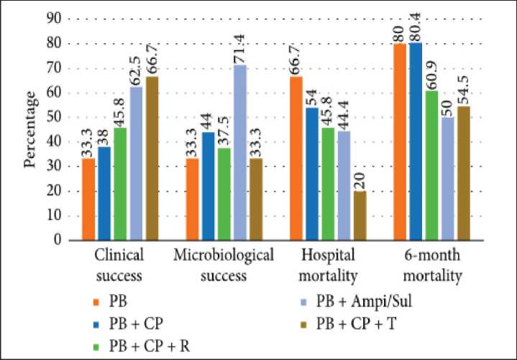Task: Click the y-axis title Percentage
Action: [30, 129]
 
